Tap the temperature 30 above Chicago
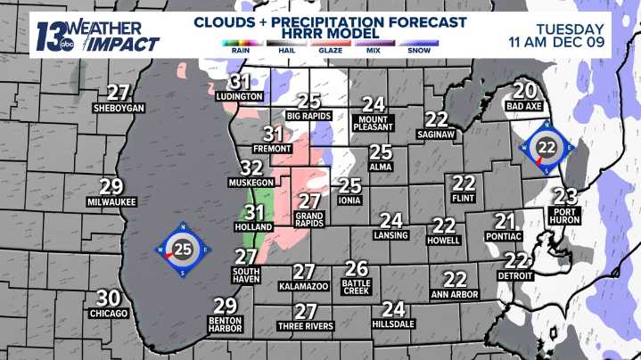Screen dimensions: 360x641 click(x=108, y=299)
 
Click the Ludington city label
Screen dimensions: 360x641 click(x=240, y=96)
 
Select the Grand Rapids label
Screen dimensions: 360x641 click(x=309, y=219)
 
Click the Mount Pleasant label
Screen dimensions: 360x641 click(x=373, y=121)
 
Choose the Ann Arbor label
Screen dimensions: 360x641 click(x=455, y=294)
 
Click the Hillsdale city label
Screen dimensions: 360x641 click(x=393, y=325)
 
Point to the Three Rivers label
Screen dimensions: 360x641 click(x=306, y=326)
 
